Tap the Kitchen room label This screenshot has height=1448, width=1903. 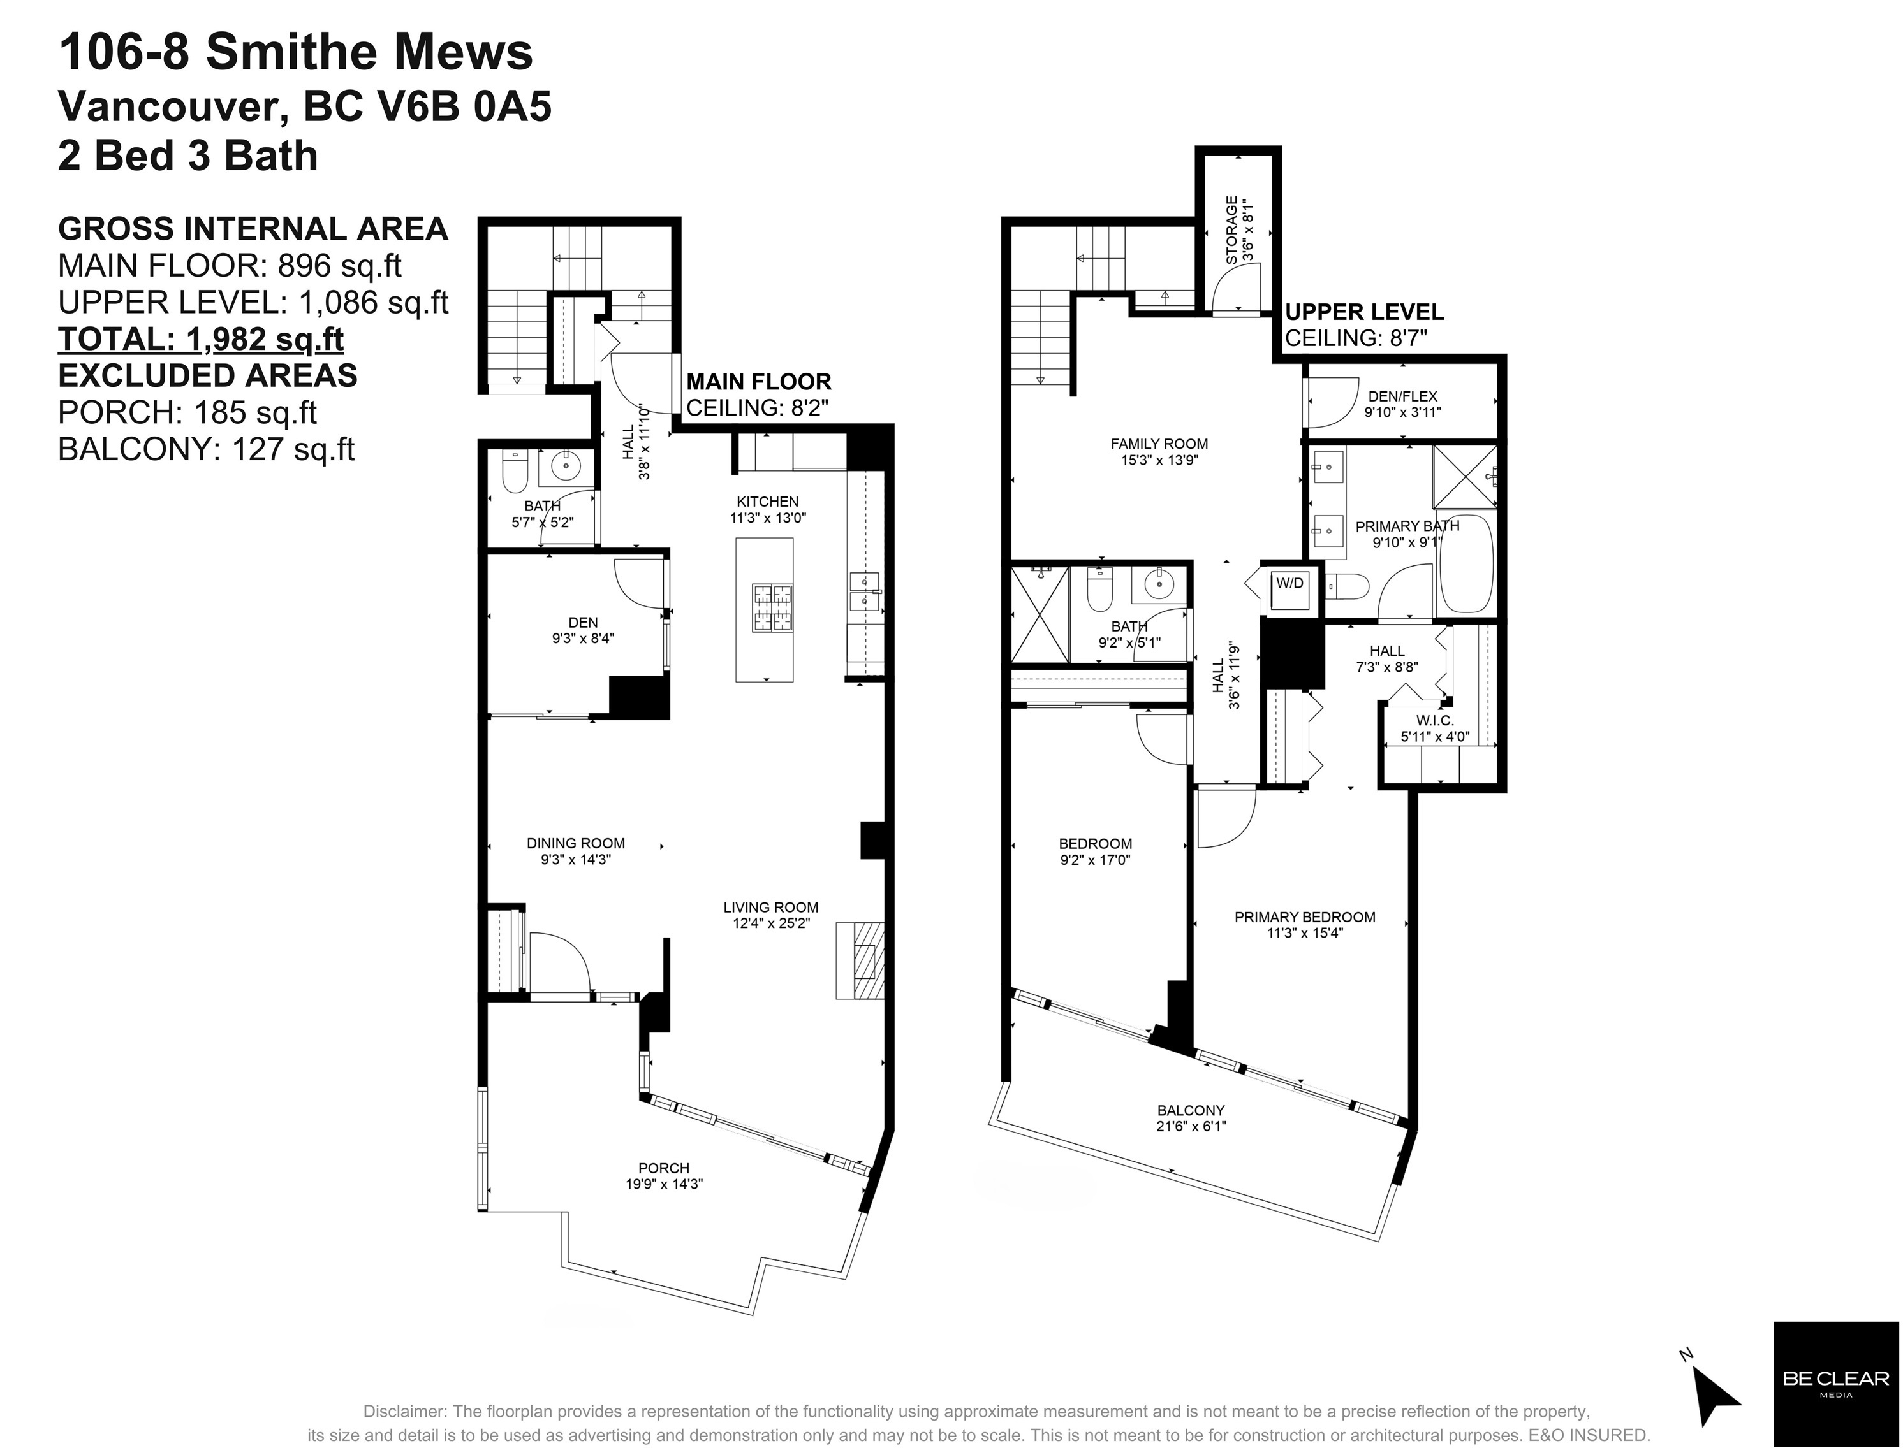tap(767, 502)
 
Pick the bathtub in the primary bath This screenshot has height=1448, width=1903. tap(1465, 563)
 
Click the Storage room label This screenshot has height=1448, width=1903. tap(1232, 230)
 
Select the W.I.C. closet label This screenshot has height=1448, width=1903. tap(1435, 721)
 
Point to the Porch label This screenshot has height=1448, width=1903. tap(664, 1168)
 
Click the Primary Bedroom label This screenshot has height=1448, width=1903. tap(1305, 917)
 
